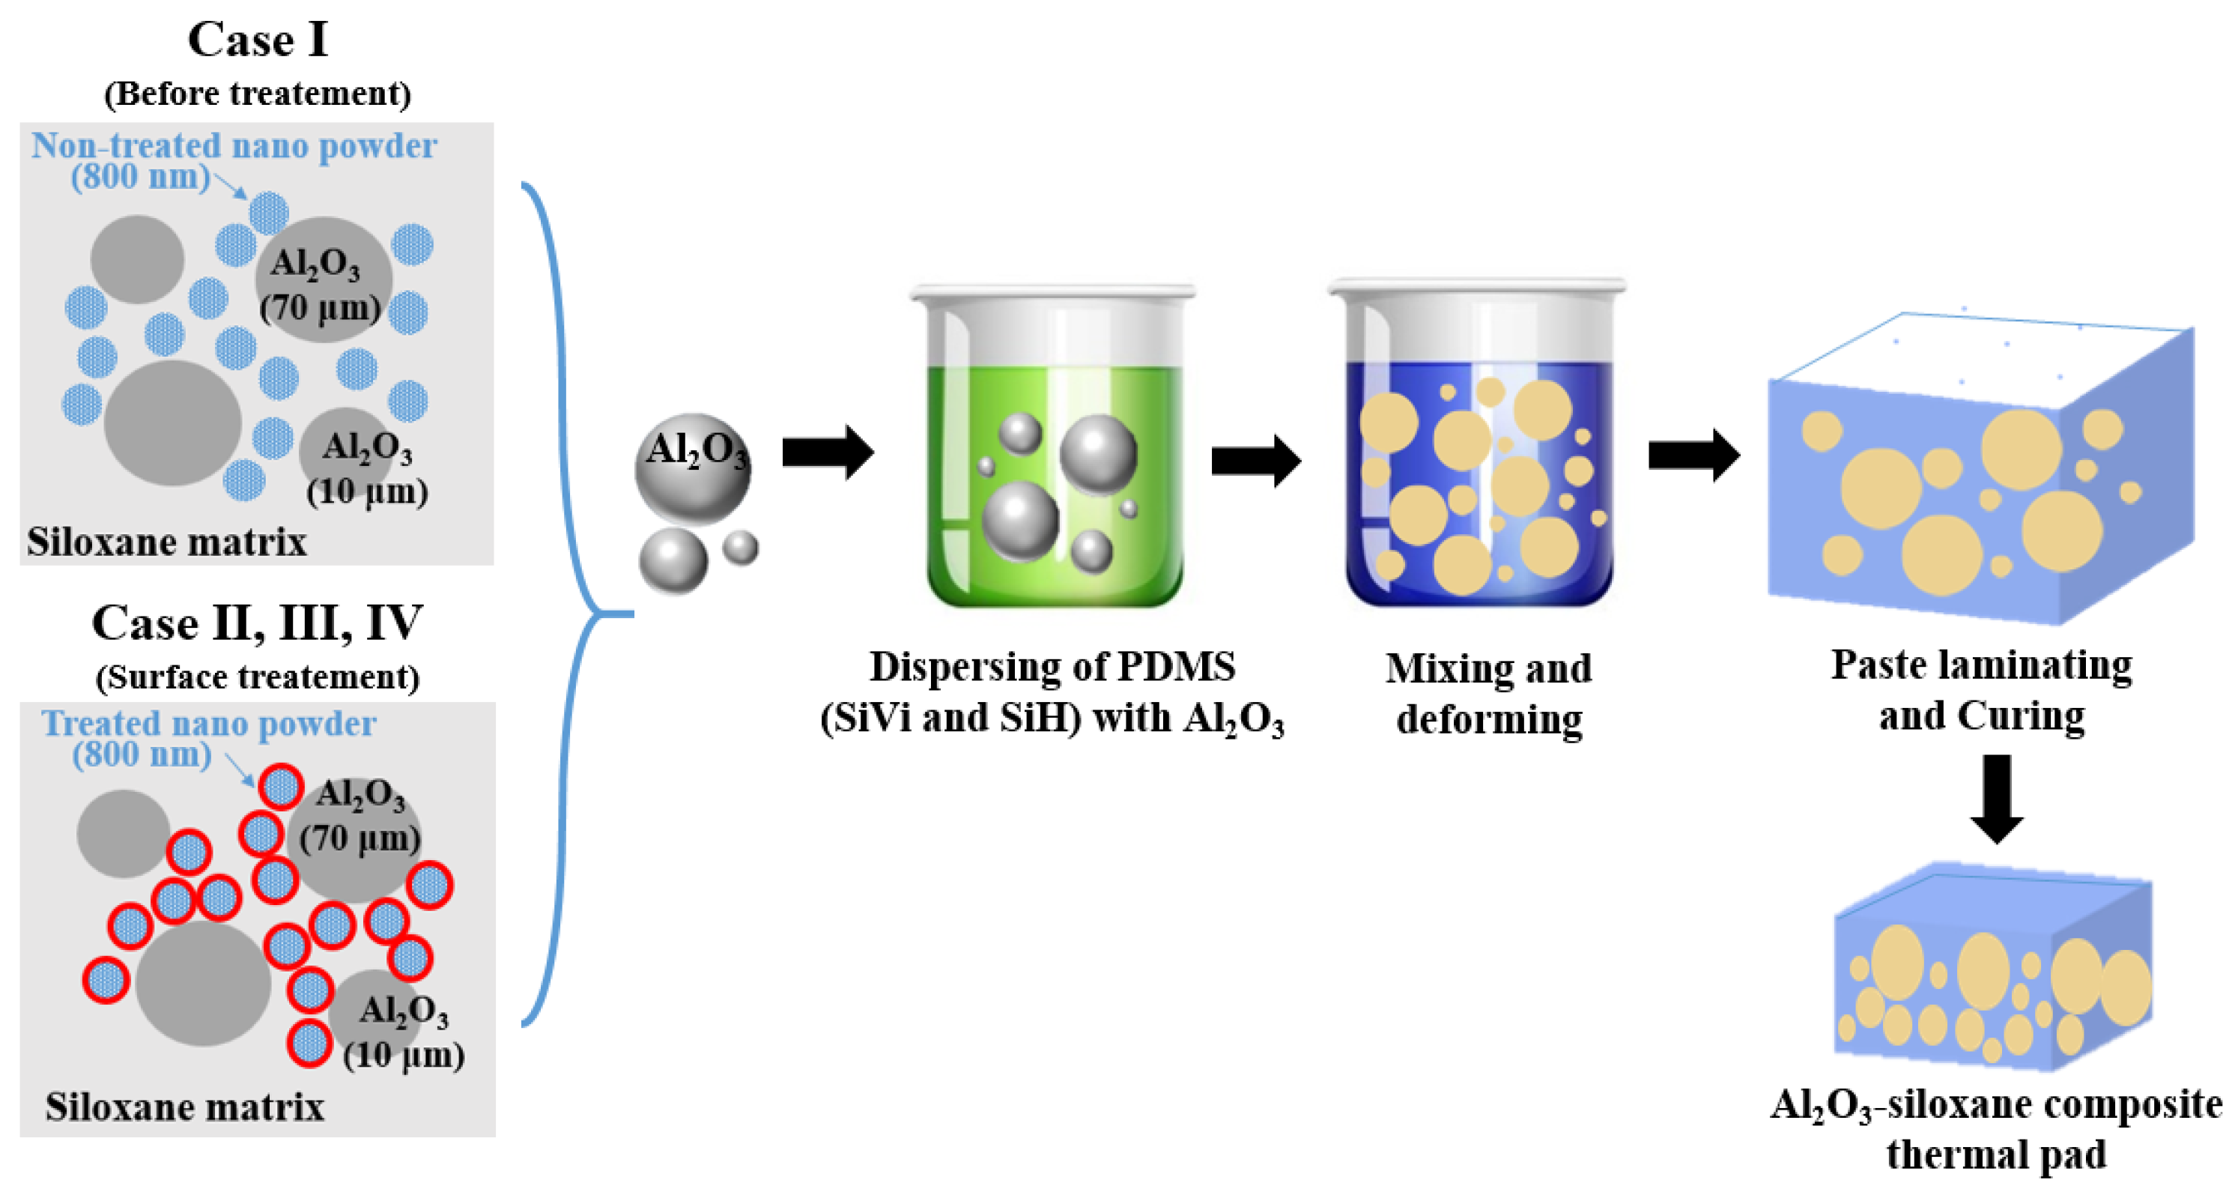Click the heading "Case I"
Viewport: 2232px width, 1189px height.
click(x=258, y=40)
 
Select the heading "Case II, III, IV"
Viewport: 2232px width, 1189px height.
click(x=258, y=623)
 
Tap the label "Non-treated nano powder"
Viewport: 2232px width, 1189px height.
click(x=234, y=145)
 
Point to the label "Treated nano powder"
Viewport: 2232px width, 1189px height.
click(x=209, y=724)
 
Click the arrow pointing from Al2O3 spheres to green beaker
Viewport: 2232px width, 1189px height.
click(x=828, y=453)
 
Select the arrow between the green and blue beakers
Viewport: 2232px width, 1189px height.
click(x=1255, y=460)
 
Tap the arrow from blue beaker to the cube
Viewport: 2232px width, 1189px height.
click(x=1693, y=455)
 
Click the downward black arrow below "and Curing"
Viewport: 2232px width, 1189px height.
click(x=1997, y=797)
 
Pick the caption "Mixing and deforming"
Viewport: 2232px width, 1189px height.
click(x=1488, y=693)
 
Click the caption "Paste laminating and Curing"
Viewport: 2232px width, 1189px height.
click(x=1982, y=690)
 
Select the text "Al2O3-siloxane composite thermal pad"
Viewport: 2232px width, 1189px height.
click(x=1996, y=1129)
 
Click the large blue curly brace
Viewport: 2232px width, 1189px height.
click(x=568, y=607)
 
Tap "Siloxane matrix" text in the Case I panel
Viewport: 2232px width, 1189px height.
click(x=166, y=542)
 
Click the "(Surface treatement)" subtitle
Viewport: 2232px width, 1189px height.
click(x=258, y=677)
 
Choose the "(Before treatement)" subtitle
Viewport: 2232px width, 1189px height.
click(x=258, y=94)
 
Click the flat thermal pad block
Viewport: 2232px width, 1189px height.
click(x=1993, y=971)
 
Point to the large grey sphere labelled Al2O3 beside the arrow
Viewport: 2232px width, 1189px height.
click(x=692, y=468)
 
